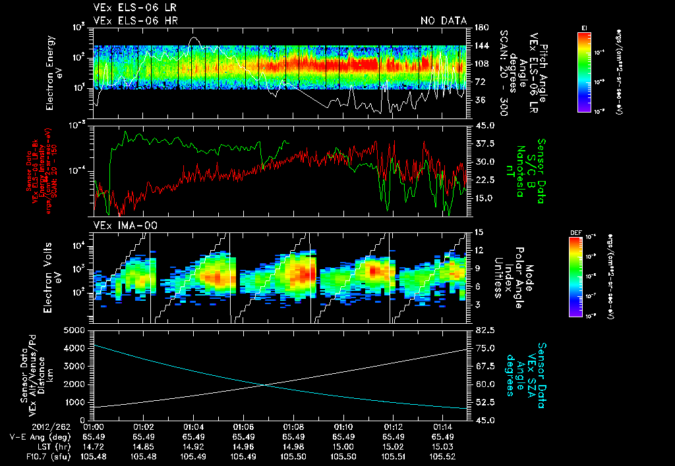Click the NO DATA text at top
coord(443,20)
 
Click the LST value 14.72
coord(94,446)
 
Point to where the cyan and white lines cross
coord(264,385)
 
